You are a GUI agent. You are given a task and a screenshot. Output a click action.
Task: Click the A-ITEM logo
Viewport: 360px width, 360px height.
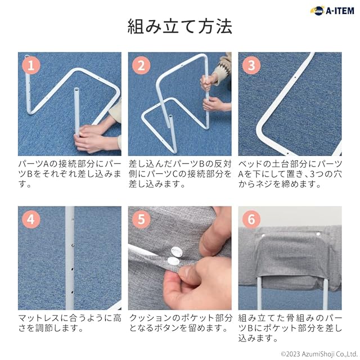[x=332, y=11]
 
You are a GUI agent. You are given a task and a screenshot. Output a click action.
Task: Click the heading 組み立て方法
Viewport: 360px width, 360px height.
[x=180, y=26]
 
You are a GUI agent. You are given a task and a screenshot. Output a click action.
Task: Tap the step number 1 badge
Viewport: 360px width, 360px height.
[x=31, y=65]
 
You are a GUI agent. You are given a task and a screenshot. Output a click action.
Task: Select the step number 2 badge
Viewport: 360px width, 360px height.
[x=141, y=65]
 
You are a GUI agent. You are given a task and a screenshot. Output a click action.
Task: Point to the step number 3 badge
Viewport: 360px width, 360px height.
[x=251, y=65]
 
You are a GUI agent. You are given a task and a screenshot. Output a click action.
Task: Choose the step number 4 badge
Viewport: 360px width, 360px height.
[x=31, y=219]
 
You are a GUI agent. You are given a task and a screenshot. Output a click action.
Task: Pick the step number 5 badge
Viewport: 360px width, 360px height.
[x=141, y=219]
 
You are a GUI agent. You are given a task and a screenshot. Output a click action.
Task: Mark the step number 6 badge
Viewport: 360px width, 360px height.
[x=251, y=219]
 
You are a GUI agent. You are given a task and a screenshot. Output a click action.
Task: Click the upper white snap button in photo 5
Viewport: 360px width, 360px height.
[x=176, y=251]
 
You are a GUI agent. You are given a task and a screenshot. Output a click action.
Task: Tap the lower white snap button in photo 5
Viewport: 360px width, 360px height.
[x=173, y=261]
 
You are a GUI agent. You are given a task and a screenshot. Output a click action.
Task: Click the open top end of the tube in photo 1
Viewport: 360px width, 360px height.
[x=76, y=89]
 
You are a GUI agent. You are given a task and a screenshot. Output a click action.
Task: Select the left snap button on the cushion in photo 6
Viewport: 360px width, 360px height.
[x=263, y=235]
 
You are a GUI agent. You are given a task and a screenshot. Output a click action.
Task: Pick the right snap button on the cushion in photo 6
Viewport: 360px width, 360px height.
[x=318, y=234]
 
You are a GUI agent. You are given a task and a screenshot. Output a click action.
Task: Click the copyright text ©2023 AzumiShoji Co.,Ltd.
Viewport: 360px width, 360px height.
[x=319, y=354]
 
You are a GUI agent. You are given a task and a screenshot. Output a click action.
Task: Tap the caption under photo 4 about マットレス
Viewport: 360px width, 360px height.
[x=70, y=323]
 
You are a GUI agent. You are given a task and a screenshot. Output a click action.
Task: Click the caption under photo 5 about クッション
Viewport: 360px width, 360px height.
[x=180, y=323]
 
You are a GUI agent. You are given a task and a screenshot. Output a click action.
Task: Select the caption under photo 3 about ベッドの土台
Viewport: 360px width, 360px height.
[x=290, y=174]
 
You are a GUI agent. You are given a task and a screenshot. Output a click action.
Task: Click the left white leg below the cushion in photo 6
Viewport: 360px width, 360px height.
[x=259, y=293]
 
